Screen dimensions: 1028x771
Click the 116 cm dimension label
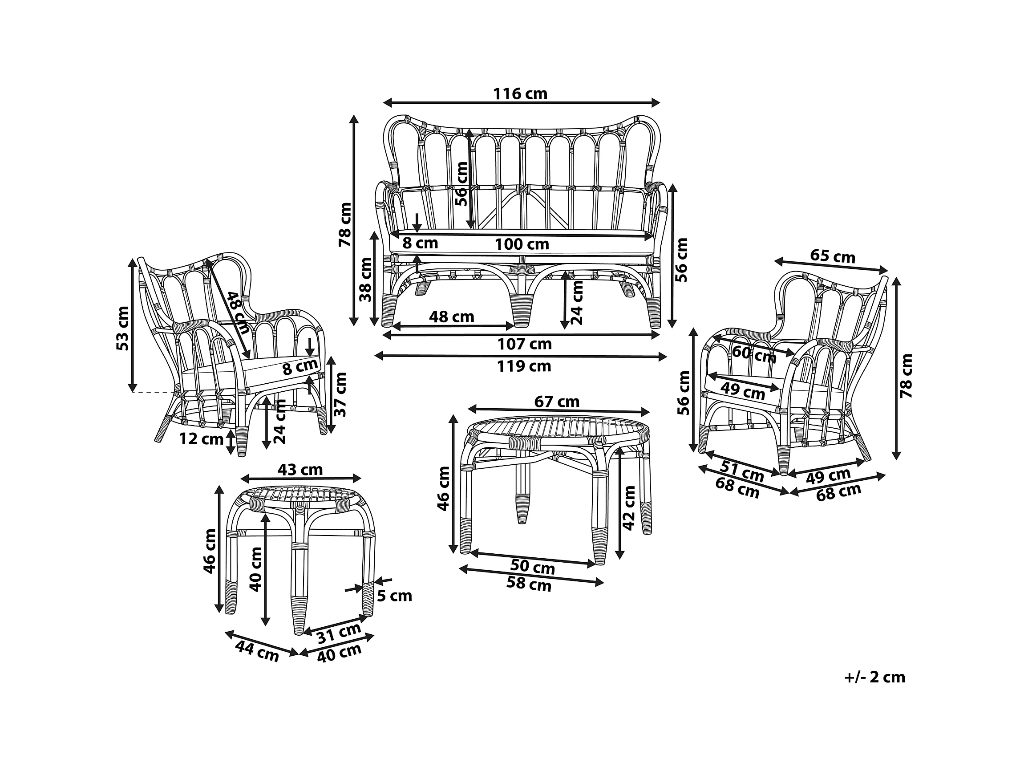click(x=520, y=94)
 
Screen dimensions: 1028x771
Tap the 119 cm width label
click(x=524, y=366)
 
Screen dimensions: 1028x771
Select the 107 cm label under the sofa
click(x=524, y=344)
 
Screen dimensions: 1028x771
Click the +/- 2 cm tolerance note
click(x=874, y=677)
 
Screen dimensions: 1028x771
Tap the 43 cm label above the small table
click(x=300, y=469)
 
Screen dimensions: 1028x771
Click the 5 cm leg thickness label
click(x=394, y=596)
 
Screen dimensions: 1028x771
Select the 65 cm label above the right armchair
click(x=832, y=256)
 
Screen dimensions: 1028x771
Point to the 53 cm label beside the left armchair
click(x=123, y=329)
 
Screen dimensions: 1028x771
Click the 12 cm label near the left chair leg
click(x=201, y=439)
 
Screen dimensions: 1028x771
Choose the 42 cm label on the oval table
click(x=628, y=508)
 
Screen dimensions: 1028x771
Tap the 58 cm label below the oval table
click(x=528, y=584)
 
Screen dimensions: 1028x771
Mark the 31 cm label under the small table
click(x=339, y=633)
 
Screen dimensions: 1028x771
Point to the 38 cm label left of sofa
click(x=366, y=279)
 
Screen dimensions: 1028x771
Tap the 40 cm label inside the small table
click(x=255, y=569)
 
